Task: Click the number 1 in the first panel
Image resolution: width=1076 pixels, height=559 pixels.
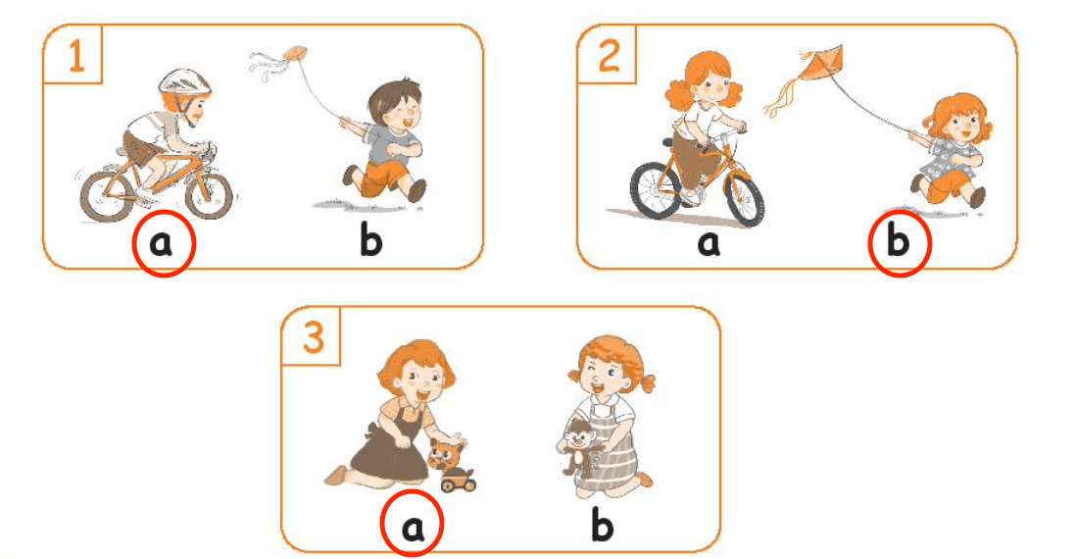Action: [76, 56]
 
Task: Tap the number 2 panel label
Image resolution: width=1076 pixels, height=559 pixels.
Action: [610, 56]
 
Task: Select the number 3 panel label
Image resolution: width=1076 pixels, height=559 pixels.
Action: [313, 338]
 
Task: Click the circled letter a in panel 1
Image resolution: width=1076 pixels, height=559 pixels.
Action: [162, 243]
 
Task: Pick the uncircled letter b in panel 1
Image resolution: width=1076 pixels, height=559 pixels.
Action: [371, 241]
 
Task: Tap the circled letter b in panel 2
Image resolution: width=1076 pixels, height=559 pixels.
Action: [899, 241]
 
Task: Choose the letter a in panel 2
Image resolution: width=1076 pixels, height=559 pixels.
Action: [709, 243]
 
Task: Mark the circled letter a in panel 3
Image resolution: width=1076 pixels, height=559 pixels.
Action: [413, 526]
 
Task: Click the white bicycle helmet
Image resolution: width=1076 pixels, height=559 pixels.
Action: [183, 82]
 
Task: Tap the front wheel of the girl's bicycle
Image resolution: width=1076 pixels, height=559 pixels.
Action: [743, 193]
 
